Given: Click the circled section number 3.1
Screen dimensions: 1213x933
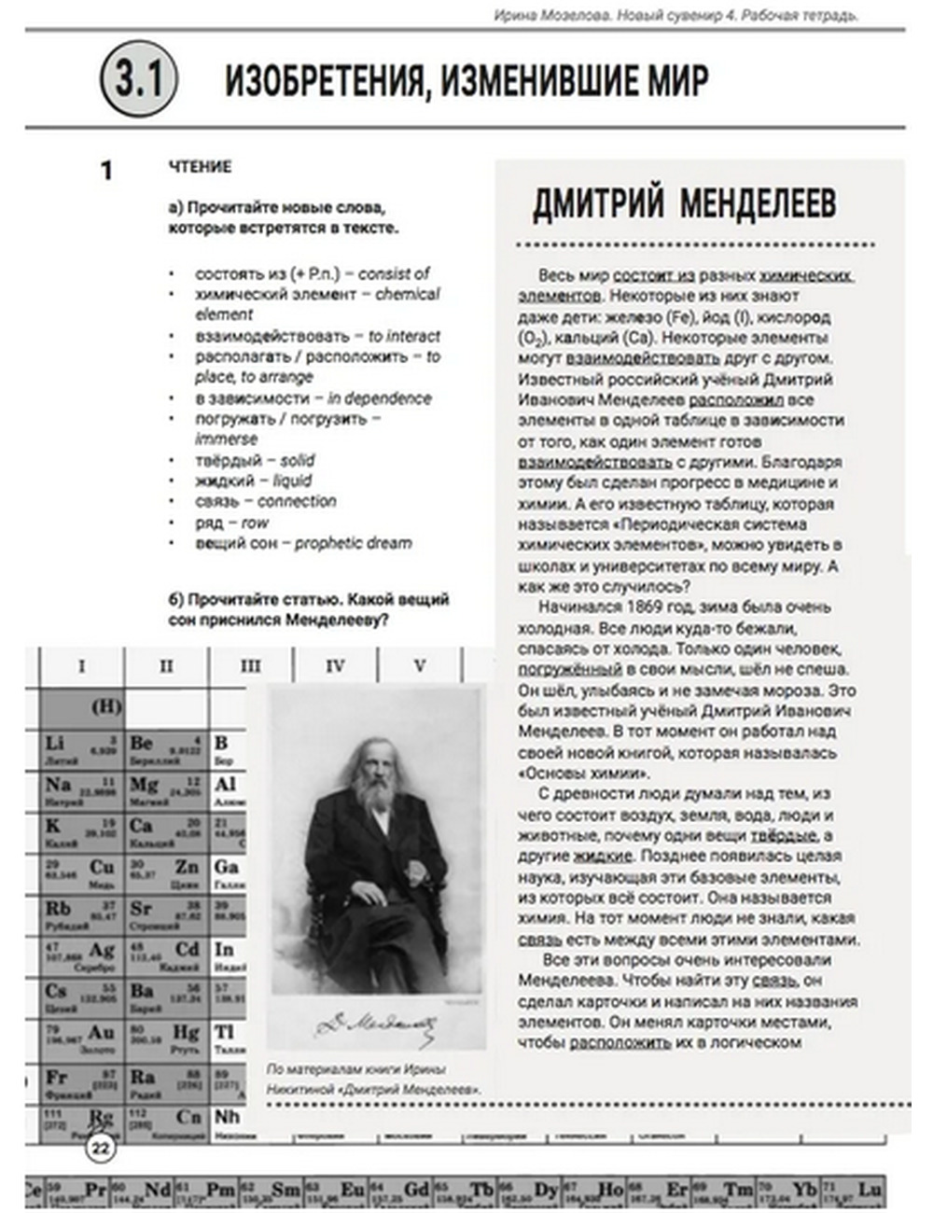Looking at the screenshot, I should click(139, 78).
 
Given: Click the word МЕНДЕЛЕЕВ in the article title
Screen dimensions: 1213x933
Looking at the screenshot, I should click(758, 203).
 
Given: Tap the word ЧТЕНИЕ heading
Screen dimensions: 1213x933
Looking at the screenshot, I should click(200, 166).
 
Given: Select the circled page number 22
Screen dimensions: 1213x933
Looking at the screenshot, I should click(100, 1147).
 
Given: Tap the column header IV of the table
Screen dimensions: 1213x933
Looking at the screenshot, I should click(335, 666).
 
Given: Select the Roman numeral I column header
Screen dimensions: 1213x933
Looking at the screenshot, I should click(81, 666).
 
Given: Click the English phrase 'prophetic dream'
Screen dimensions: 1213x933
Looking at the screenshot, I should click(353, 543).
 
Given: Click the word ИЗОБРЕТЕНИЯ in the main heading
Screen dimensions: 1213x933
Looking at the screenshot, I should click(326, 81).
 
